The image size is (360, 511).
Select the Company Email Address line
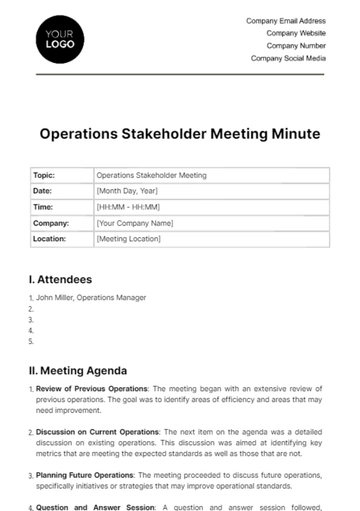point(286,21)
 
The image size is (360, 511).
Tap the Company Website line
point(295,33)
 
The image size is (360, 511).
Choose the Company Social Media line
point(288,58)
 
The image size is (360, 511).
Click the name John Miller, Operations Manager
point(92,297)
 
